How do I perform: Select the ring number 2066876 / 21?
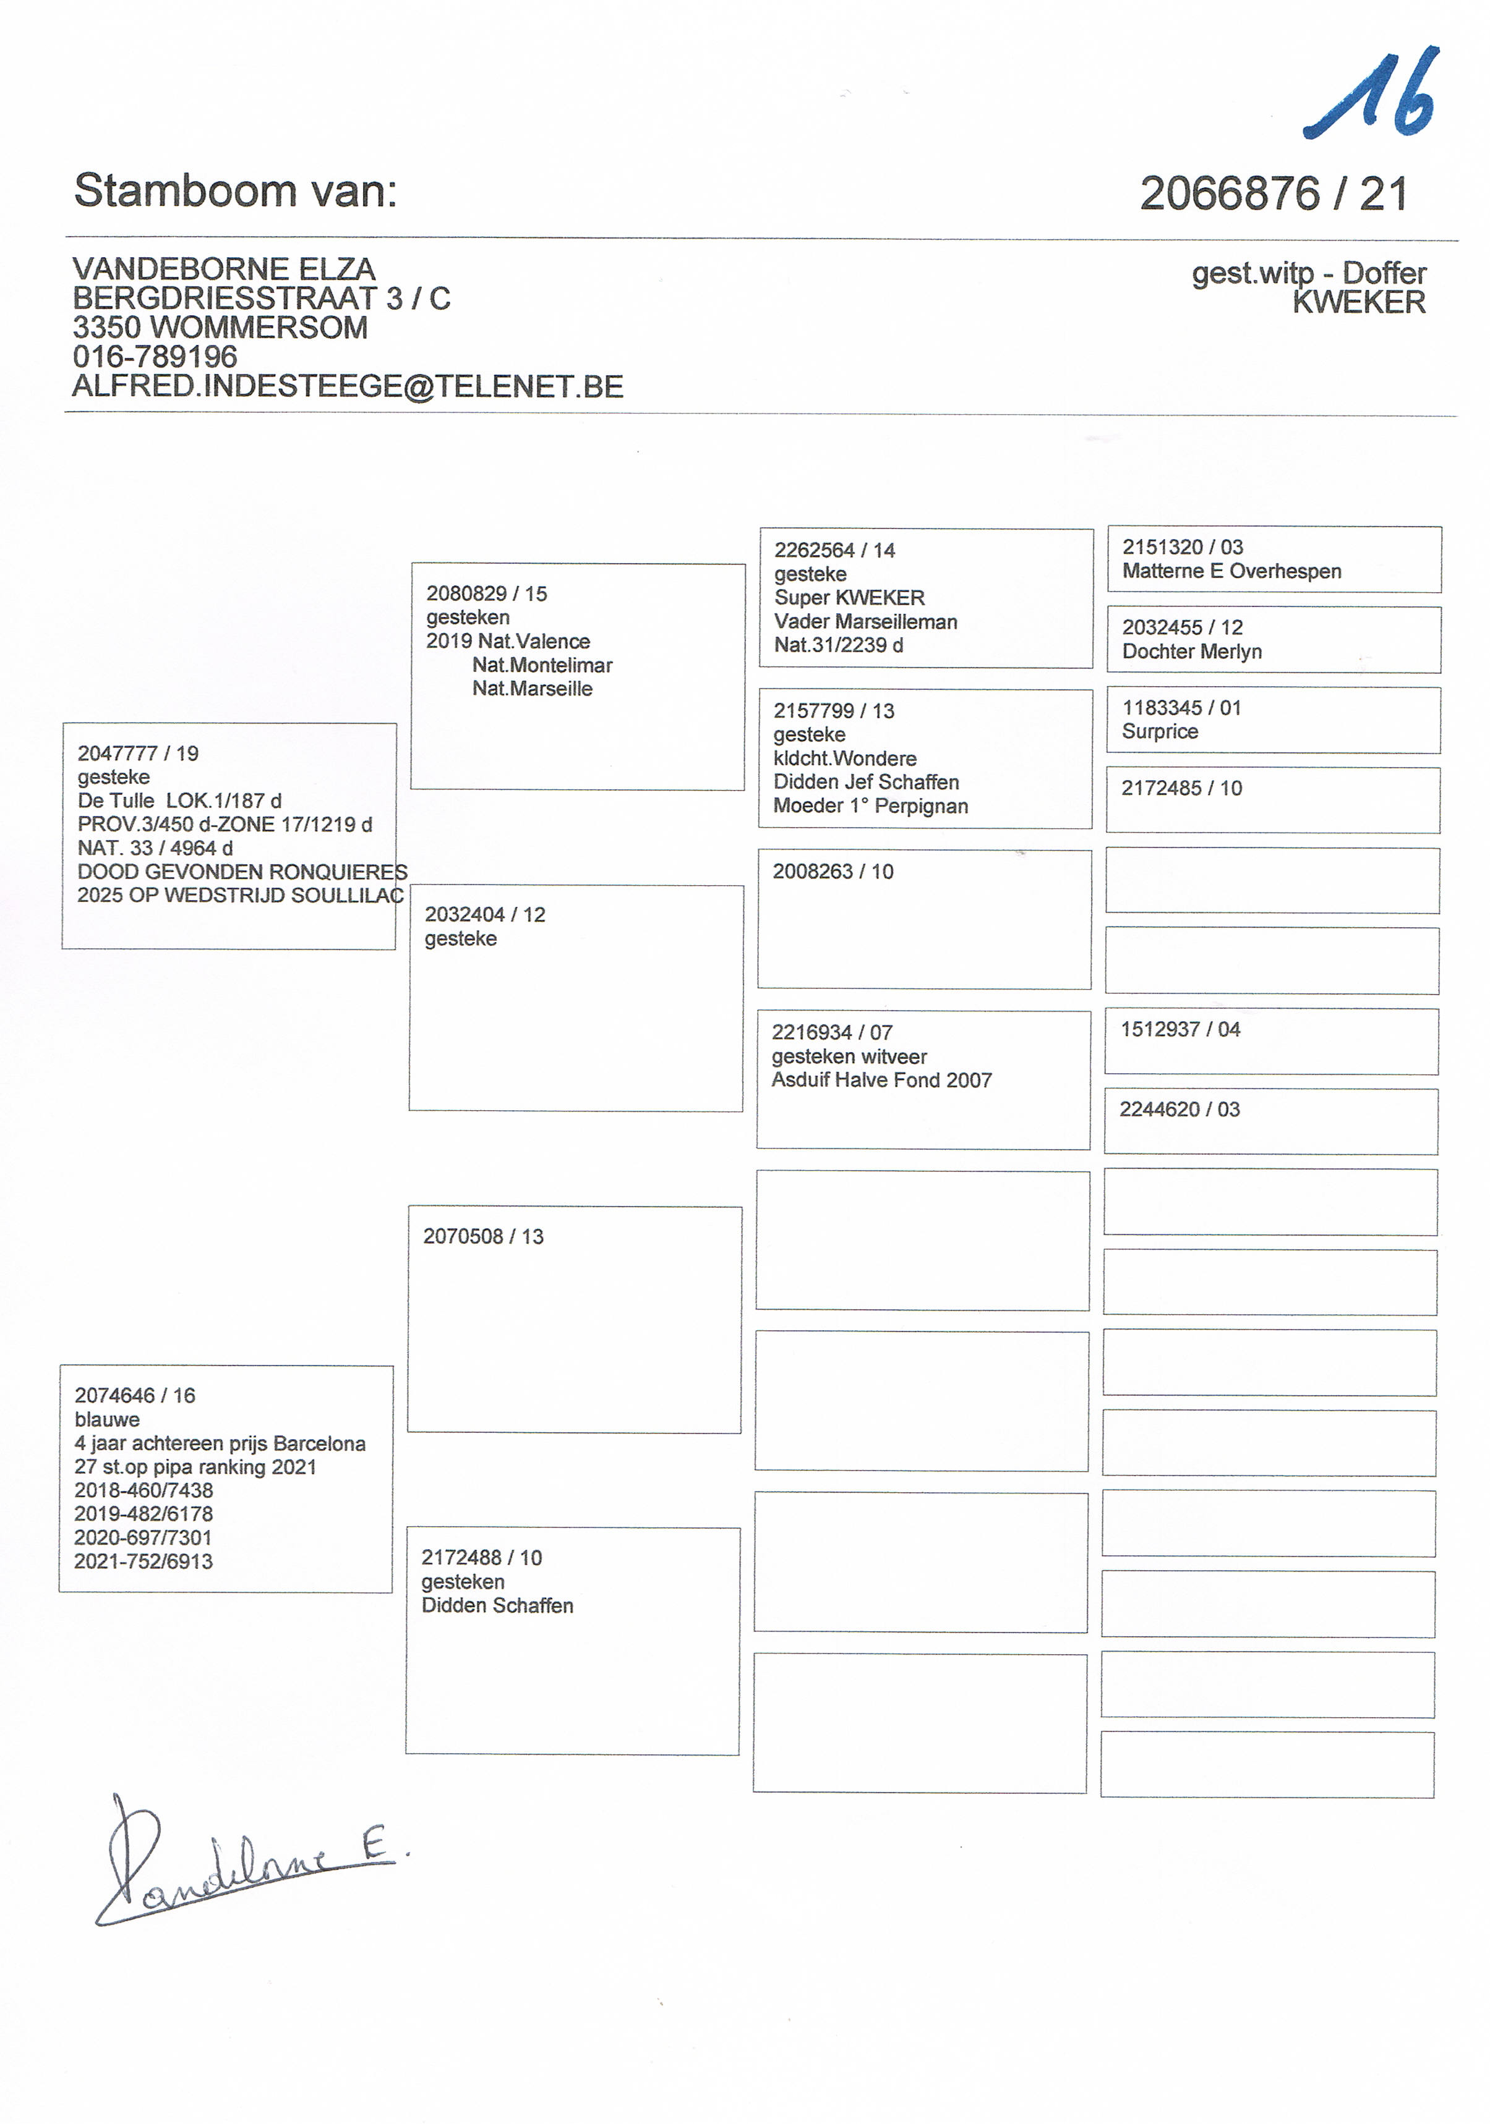click(1274, 194)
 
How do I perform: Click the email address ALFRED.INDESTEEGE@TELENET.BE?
click(348, 387)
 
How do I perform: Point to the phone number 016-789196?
click(155, 357)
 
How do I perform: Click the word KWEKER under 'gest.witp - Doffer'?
click(1359, 302)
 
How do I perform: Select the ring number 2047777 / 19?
click(138, 753)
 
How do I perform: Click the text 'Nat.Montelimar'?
click(542, 665)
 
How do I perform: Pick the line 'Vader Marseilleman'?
click(865, 622)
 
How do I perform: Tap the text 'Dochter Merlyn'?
click(1191, 652)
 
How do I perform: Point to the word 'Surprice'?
click(1160, 732)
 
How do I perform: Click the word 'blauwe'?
click(108, 1419)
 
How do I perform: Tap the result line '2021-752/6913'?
click(143, 1561)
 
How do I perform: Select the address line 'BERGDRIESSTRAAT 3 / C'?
click(261, 299)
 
